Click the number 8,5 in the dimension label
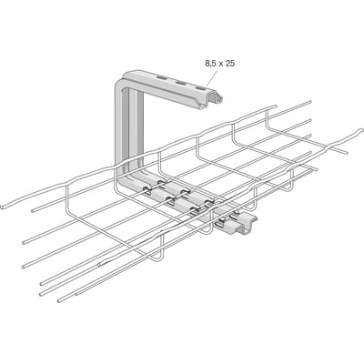coord(211,64)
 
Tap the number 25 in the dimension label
coord(230,64)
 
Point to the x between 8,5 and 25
coord(221,64)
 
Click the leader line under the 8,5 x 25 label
coord(214,76)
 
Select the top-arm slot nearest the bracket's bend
coord(162,79)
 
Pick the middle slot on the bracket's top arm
coord(181,84)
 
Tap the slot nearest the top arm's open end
coord(200,88)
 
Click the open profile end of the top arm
coord(211,101)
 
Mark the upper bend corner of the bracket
coord(123,79)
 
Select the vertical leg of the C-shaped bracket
coord(128,127)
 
